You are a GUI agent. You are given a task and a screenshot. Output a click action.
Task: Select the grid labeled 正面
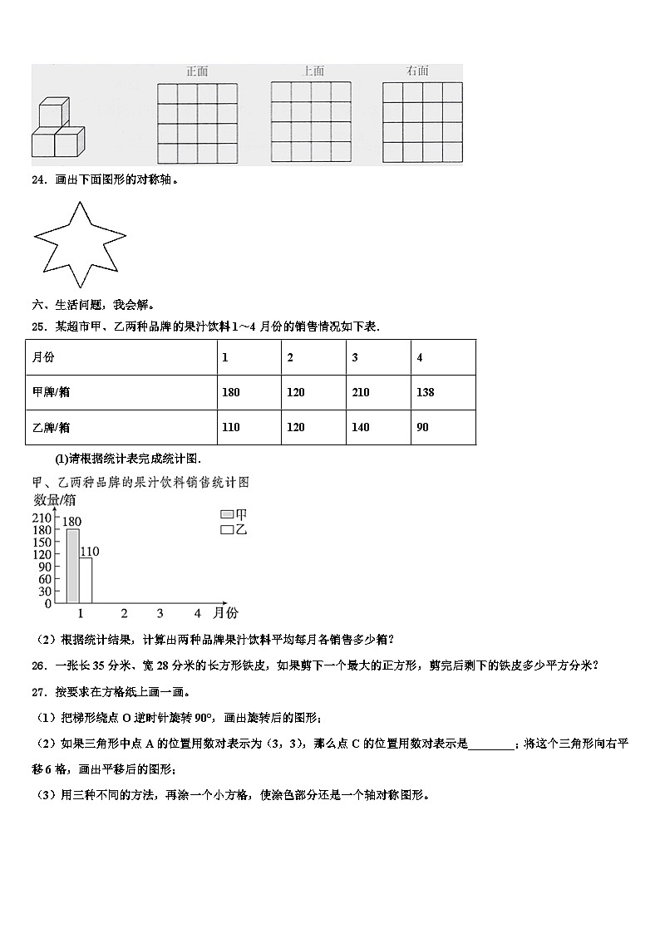tap(197, 123)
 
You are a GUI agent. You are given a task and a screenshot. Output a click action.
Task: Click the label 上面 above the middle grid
tap(313, 71)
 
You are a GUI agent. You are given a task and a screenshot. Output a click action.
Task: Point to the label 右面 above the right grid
tap(417, 71)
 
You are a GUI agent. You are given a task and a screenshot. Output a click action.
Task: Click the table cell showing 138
tap(425, 392)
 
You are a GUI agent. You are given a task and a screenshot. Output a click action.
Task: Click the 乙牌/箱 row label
tap(51, 427)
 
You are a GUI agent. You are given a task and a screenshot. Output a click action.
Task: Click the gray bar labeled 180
tap(73, 565)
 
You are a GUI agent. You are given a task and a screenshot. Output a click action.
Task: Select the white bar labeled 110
tap(86, 579)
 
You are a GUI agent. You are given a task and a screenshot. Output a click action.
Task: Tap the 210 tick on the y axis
tap(42, 518)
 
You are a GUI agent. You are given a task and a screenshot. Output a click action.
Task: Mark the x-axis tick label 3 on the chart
tap(160, 614)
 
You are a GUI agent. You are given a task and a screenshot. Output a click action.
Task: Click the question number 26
tap(37, 665)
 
